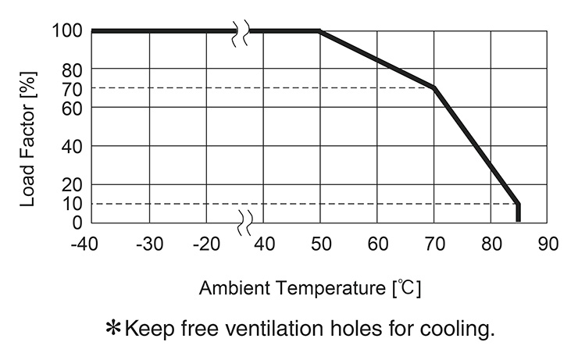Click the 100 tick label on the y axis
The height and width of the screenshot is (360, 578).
(x=66, y=31)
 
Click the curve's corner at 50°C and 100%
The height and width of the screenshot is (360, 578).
(x=320, y=31)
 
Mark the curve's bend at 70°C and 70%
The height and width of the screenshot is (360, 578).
(x=433, y=87)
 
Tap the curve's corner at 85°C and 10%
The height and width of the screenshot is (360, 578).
(x=517, y=204)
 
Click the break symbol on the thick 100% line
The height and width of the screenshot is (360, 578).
(x=241, y=31)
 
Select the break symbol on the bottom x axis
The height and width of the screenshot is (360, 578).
(x=244, y=223)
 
